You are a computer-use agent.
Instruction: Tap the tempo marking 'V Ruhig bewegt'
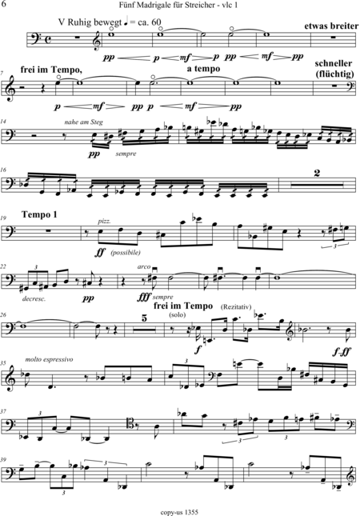(90, 22)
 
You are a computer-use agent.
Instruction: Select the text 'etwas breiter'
(331, 26)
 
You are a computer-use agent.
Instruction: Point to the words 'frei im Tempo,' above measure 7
(51, 70)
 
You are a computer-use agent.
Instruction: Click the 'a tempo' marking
(203, 69)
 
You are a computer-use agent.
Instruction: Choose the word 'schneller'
(334, 63)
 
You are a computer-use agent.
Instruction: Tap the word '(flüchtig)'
(334, 74)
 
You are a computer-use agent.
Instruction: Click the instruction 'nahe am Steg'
(83, 122)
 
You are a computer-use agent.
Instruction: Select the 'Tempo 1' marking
(39, 214)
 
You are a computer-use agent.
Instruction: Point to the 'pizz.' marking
(104, 222)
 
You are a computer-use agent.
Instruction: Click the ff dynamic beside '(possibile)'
(100, 253)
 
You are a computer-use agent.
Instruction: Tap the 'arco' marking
(144, 266)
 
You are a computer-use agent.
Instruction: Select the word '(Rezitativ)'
(236, 306)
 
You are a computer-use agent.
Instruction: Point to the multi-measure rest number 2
(317, 173)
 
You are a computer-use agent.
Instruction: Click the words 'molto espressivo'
(49, 359)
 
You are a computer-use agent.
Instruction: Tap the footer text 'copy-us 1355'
(179, 512)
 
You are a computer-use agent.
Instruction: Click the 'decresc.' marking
(34, 299)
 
